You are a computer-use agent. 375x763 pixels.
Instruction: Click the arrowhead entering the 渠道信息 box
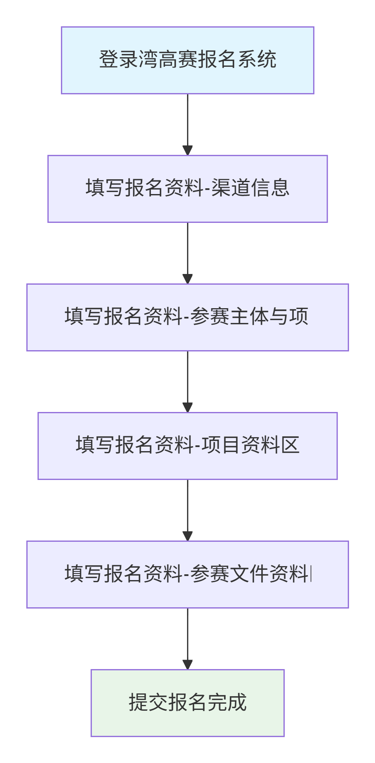(x=187, y=150)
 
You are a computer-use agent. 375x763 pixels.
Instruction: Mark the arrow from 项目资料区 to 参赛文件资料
(x=187, y=509)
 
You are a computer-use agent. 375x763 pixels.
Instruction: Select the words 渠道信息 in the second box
(x=251, y=188)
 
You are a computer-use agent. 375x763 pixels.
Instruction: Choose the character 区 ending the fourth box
(x=291, y=445)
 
